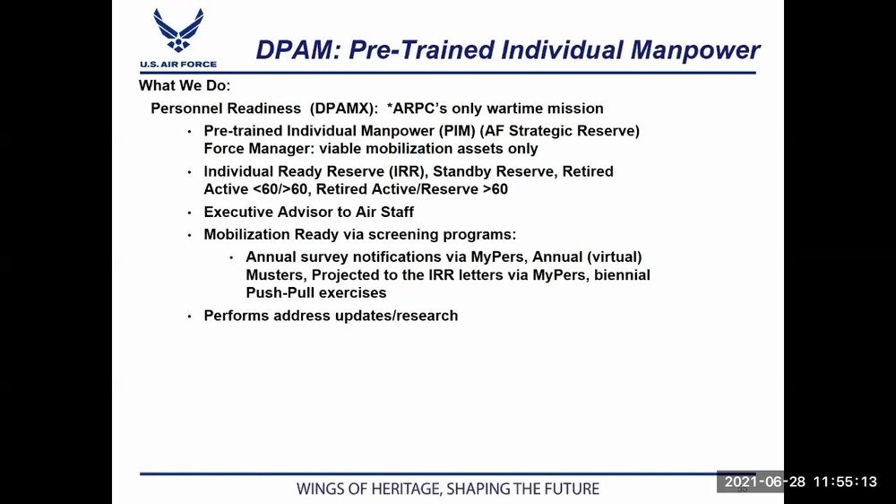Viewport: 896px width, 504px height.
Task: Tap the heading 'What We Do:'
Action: (x=185, y=86)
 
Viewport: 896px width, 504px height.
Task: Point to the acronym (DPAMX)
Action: (x=343, y=109)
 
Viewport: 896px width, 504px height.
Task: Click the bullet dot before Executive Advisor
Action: (x=189, y=213)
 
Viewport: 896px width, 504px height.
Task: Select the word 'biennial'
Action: (x=622, y=274)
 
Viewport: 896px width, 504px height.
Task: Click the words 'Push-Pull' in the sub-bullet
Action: (x=278, y=292)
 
